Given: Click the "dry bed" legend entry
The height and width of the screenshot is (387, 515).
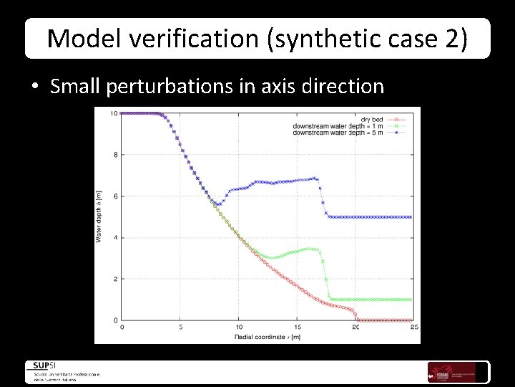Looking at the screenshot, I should [x=371, y=119].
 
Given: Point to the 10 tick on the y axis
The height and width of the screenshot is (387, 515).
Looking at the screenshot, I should [x=114, y=113].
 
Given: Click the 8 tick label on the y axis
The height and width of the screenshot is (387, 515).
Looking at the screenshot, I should [x=115, y=155].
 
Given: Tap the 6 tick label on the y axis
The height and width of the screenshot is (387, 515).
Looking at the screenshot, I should [x=115, y=196].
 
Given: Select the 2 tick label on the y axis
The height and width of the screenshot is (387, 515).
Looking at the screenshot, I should [x=115, y=279].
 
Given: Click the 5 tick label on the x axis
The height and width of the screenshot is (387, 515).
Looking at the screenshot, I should [x=180, y=328].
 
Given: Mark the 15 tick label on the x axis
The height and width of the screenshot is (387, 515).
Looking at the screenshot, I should [x=297, y=328].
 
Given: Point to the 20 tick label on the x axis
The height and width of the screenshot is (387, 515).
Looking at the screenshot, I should [x=355, y=328].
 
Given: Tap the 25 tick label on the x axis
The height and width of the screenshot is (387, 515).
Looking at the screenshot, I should [x=413, y=328].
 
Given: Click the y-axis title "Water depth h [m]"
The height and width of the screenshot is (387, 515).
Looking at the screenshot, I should [x=99, y=215].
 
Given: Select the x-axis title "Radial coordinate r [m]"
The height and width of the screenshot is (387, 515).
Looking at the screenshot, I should [x=266, y=336].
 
